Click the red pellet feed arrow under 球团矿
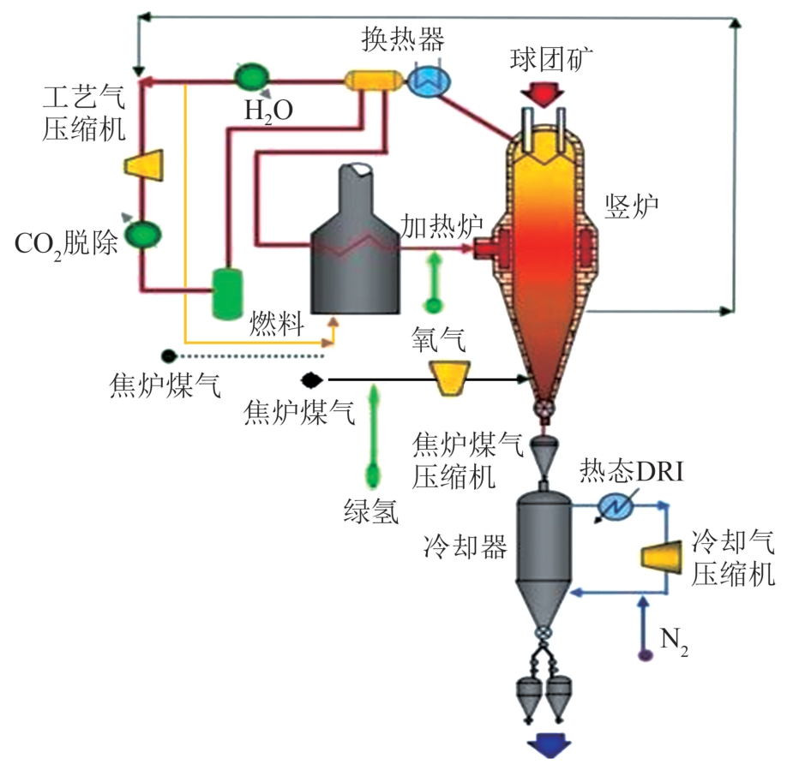click(542, 93)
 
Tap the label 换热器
click(403, 39)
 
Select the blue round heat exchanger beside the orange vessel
click(429, 81)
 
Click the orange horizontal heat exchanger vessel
click(375, 81)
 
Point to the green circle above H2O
click(252, 76)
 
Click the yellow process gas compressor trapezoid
click(144, 165)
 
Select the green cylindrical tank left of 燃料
click(227, 293)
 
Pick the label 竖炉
click(631, 206)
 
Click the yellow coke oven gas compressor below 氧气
click(449, 378)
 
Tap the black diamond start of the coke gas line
click(312, 380)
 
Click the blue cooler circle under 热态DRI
click(616, 506)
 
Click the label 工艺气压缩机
click(84, 113)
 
